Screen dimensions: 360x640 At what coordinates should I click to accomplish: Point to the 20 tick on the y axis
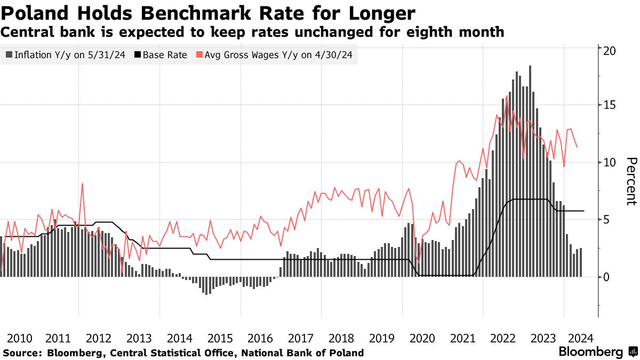pyautogui.click(x=610, y=50)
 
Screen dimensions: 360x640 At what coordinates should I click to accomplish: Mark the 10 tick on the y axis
pyautogui.click(x=610, y=162)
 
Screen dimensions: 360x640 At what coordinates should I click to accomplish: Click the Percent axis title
pyautogui.click(x=631, y=181)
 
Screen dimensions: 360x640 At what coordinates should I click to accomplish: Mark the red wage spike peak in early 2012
pyautogui.click(x=83, y=185)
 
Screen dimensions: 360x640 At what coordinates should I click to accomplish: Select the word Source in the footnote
pyautogui.click(x=22, y=353)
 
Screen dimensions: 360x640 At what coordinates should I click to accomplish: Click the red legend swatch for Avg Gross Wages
pyautogui.click(x=200, y=55)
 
